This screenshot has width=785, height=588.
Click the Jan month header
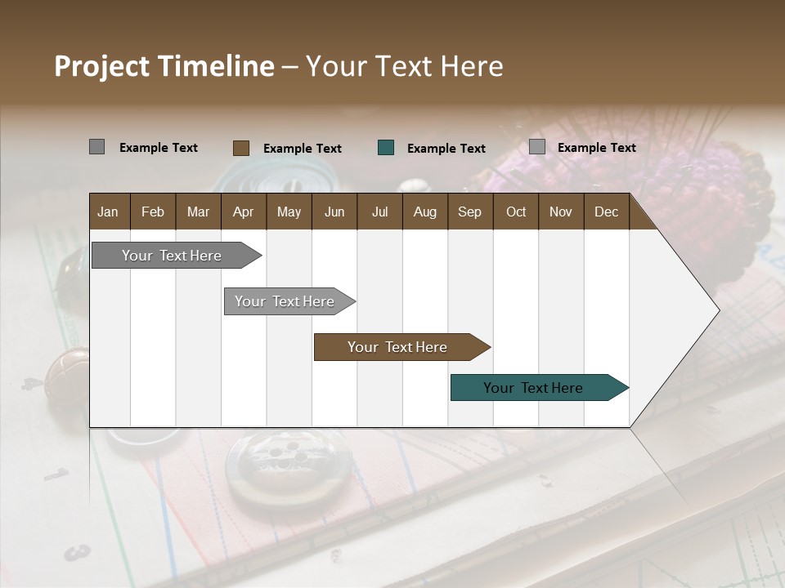tap(108, 212)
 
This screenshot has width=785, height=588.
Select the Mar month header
tap(198, 212)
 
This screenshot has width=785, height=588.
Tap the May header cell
tap(289, 212)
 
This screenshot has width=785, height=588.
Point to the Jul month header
tap(379, 212)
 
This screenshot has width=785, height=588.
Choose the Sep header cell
tap(469, 212)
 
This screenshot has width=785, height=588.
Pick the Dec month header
tap(606, 212)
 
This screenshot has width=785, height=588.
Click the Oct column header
tap(516, 212)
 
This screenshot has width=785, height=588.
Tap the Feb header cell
tap(153, 212)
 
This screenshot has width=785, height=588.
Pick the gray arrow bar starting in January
tap(172, 256)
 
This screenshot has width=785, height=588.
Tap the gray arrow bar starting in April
tap(285, 301)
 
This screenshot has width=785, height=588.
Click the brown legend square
tap(241, 148)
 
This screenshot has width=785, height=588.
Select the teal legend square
tap(386, 148)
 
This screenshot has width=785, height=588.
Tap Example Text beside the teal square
tap(446, 149)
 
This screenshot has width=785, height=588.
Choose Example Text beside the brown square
tap(303, 149)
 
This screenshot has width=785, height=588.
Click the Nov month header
tap(561, 212)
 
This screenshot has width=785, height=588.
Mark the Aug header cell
tap(424, 212)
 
